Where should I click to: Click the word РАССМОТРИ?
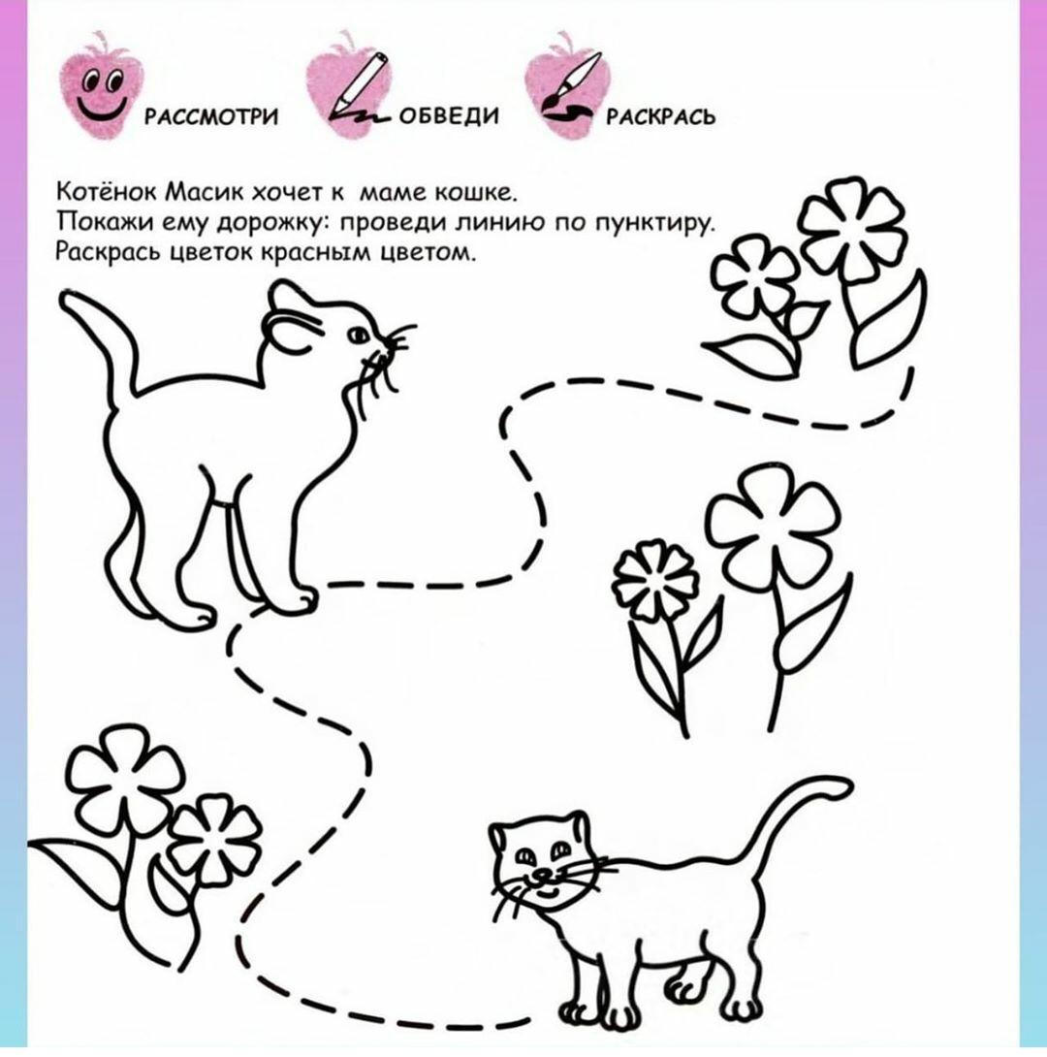(x=211, y=117)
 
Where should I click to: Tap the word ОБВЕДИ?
(x=450, y=116)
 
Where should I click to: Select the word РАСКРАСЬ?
(x=660, y=117)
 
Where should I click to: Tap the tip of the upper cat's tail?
(x=66, y=298)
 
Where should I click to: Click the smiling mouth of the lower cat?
(x=547, y=893)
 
